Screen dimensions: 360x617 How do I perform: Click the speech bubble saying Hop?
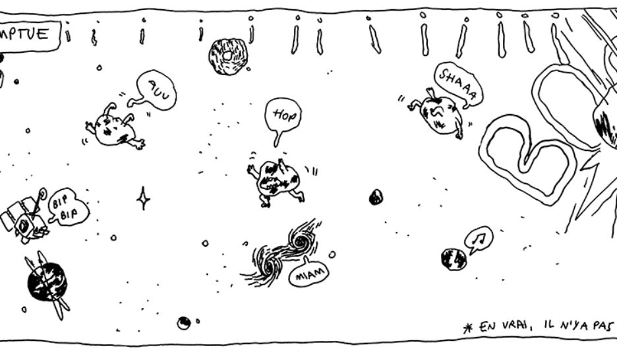(283, 117)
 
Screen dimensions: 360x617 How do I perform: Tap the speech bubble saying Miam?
(307, 278)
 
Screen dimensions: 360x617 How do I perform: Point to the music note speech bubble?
(479, 237)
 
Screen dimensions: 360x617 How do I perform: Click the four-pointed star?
(143, 198)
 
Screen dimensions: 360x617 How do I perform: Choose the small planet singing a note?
(454, 258)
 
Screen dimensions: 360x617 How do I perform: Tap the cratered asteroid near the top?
(227, 56)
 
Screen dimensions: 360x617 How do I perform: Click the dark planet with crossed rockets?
(47, 282)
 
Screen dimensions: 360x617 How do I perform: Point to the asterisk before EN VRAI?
(468, 328)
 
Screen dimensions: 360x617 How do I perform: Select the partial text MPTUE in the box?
(33, 33)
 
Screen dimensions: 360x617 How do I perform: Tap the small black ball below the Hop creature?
(376, 196)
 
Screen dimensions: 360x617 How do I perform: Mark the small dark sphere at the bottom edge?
(184, 322)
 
